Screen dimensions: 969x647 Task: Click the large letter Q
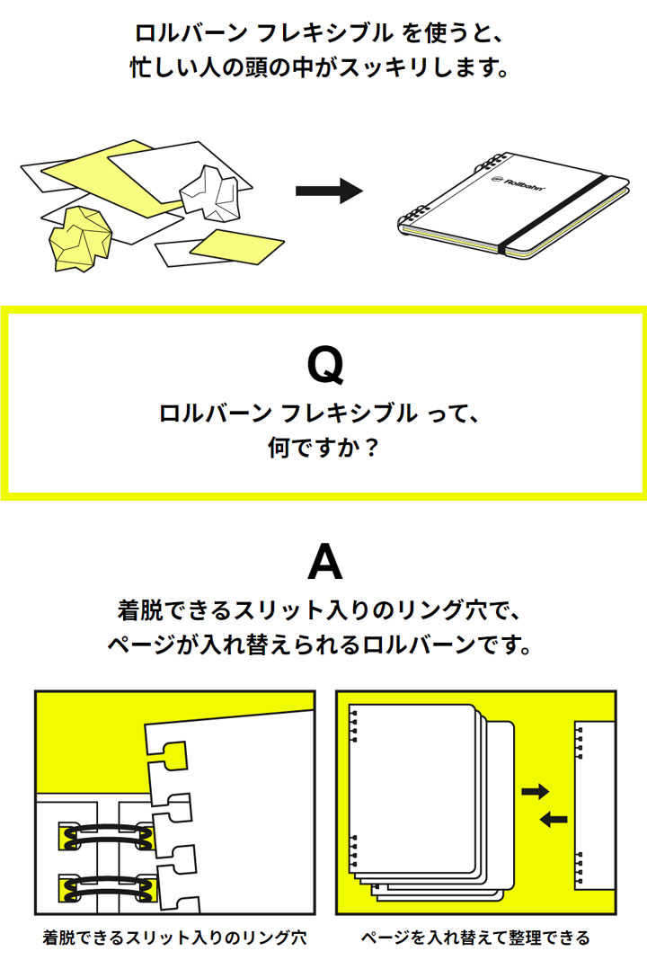click(324, 366)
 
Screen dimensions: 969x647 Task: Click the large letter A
click(324, 564)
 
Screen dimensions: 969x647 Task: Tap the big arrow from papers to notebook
click(328, 191)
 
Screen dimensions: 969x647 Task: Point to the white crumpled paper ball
click(212, 190)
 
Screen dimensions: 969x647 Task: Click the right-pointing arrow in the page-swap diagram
click(536, 791)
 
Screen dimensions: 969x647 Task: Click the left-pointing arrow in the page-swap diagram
click(554, 818)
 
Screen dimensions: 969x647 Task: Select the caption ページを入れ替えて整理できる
click(475, 938)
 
